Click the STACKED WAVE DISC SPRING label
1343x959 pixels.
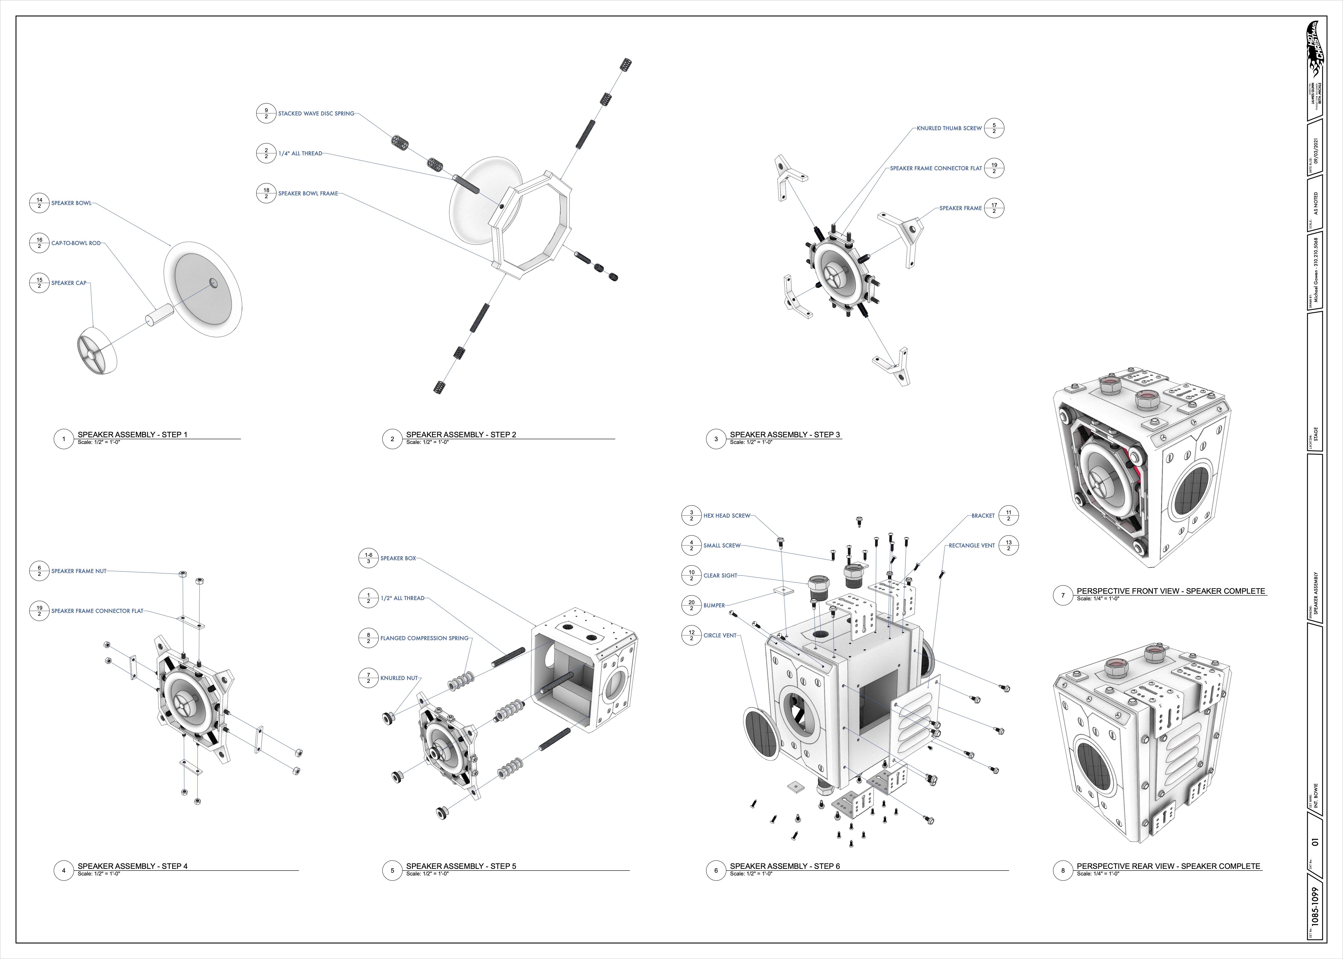tap(316, 113)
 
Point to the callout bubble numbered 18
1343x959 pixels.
tap(266, 193)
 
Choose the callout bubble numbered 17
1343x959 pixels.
tap(994, 208)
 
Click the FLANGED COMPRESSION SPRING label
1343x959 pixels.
tap(424, 638)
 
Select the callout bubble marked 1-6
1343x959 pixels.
tap(369, 558)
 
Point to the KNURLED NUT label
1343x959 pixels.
tap(399, 678)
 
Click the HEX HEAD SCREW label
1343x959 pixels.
tap(726, 516)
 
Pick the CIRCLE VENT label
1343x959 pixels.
tap(720, 635)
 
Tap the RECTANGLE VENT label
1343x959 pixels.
tap(971, 546)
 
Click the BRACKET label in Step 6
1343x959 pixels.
tap(983, 516)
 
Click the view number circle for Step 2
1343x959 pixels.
tap(392, 439)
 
